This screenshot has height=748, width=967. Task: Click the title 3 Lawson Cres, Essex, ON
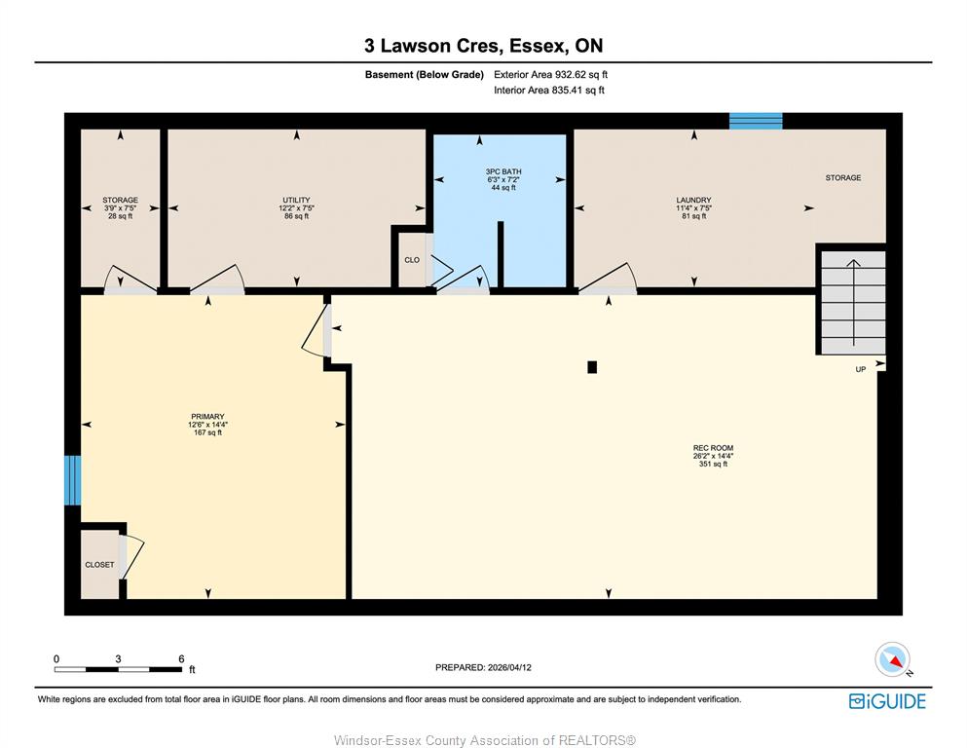coord(483,46)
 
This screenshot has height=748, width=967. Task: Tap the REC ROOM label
coord(713,448)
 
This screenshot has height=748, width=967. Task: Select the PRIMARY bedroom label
coord(207,417)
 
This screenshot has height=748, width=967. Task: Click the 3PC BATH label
coord(503,171)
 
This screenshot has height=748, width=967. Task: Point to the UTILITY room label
coord(297,201)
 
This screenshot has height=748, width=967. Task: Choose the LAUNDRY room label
coord(693,201)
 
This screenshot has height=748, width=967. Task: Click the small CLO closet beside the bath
coord(411,260)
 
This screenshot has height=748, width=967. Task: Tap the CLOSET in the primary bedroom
coord(99,564)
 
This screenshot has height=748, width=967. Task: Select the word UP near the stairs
coord(860,369)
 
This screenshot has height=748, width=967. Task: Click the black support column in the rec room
coord(592,367)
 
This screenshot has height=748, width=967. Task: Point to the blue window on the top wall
coord(756,121)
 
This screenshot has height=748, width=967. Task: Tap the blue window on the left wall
coord(73,480)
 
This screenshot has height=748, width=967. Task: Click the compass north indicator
coord(893,659)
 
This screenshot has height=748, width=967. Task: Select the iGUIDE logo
coord(887,702)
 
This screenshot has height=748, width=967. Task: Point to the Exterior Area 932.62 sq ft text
coord(551,75)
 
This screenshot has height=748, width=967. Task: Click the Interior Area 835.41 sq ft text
coord(549,90)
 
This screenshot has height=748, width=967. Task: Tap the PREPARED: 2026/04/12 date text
coord(483,667)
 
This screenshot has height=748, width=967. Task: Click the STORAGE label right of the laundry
coord(843,177)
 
